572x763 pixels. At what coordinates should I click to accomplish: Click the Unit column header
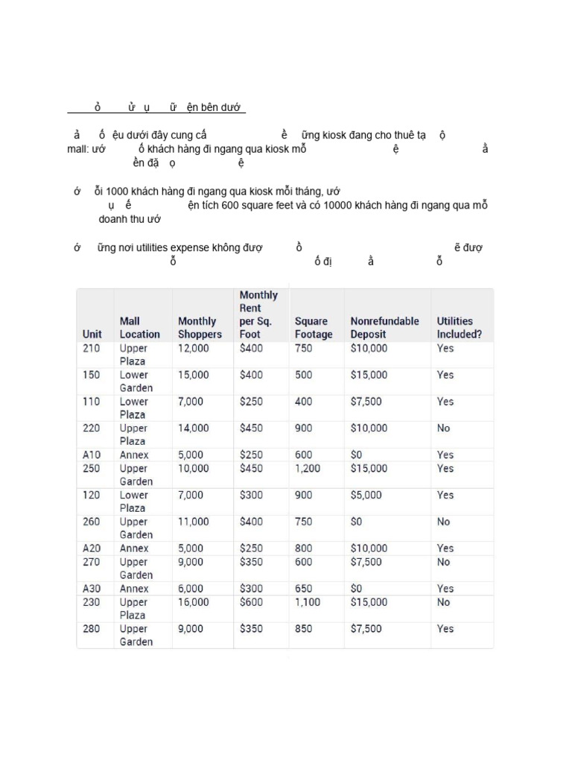coord(92,335)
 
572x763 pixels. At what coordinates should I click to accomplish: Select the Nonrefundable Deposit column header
coord(384,328)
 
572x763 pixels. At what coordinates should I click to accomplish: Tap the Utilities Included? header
coord(459,328)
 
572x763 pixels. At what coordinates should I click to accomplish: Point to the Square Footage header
coord(314,328)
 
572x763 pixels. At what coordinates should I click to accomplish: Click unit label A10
coord(92,455)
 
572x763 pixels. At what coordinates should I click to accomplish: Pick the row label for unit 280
coord(91,629)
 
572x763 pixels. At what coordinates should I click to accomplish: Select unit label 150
coord(91,375)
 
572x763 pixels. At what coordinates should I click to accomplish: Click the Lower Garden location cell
coord(136,381)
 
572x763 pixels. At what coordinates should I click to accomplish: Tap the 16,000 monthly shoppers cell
coord(194,602)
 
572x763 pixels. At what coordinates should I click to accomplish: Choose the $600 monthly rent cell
coord(251,602)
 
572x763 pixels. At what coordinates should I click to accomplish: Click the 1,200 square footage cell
coord(309,469)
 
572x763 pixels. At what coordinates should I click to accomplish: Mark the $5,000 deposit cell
coord(366,496)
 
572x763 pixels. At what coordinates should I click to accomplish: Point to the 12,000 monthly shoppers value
coord(194,348)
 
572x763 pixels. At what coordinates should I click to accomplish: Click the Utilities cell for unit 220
coord(444,428)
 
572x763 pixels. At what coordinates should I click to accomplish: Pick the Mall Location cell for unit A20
coord(135,548)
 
